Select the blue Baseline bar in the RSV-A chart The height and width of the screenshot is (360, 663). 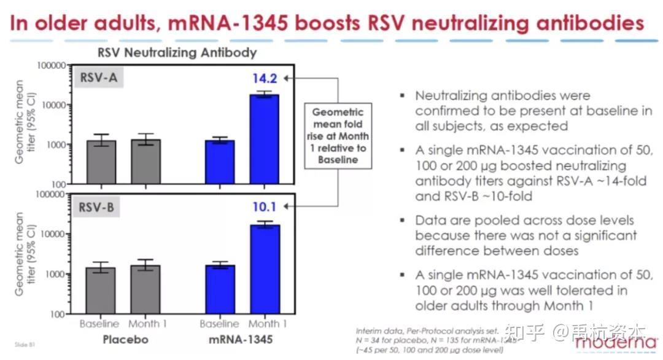click(219, 162)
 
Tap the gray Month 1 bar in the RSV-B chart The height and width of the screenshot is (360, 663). click(144, 289)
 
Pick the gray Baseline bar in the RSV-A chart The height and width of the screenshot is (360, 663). click(101, 162)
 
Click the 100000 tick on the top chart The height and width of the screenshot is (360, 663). click(51, 65)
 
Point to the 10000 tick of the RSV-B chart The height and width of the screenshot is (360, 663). click(54, 234)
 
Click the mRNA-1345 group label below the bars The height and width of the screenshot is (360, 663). click(241, 339)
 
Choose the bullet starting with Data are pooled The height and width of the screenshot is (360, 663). click(525, 235)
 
